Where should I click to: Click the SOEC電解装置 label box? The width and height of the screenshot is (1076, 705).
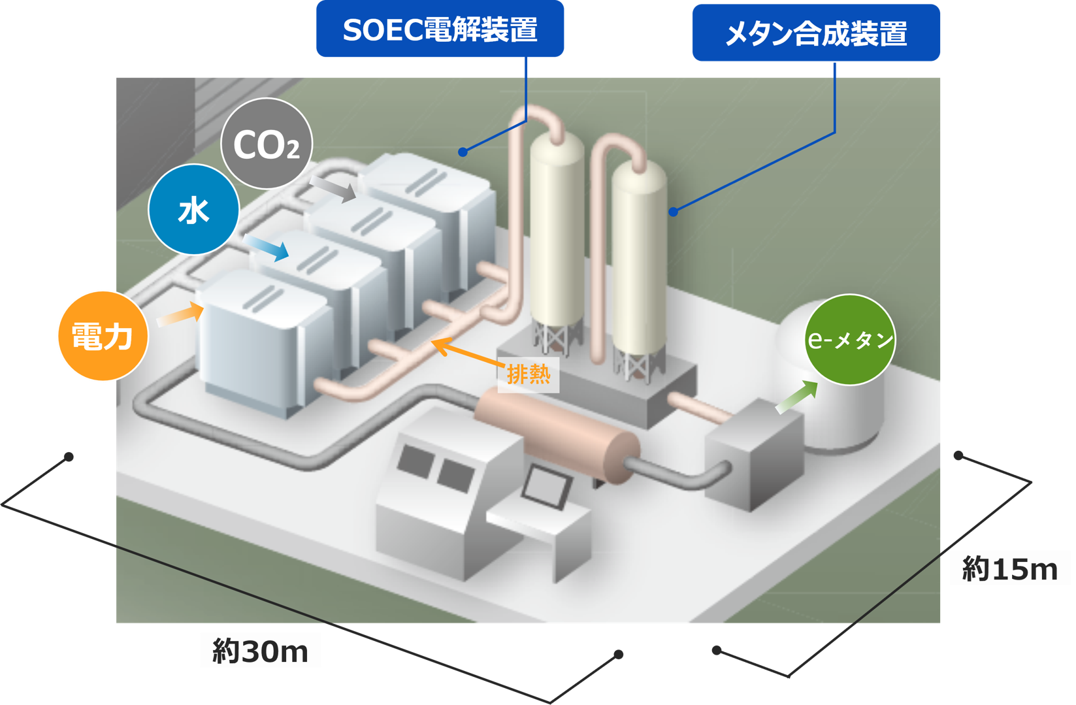(440, 30)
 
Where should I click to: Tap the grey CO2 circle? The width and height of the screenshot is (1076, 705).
(267, 144)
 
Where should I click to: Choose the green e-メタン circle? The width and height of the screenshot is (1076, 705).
(849, 340)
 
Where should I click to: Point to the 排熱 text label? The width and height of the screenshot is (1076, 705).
(529, 374)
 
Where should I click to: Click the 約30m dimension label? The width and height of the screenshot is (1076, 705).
(260, 651)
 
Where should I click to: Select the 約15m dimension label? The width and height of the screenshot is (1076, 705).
(1009, 568)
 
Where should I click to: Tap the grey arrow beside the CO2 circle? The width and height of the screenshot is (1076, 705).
(333, 188)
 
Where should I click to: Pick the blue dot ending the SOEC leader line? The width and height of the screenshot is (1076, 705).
(463, 152)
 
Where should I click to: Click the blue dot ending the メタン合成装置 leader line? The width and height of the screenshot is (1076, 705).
(674, 212)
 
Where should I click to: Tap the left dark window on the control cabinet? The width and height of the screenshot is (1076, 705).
(416, 460)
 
